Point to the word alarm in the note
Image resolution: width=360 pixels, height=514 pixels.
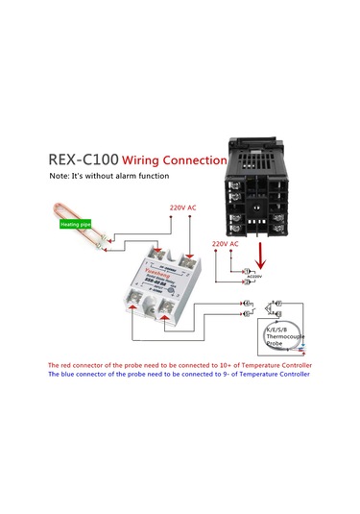tap(129, 176)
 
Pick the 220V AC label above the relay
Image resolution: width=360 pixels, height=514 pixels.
tap(182, 208)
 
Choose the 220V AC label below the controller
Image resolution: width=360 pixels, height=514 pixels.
tap(224, 244)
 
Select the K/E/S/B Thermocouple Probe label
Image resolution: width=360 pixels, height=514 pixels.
tap(285, 338)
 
